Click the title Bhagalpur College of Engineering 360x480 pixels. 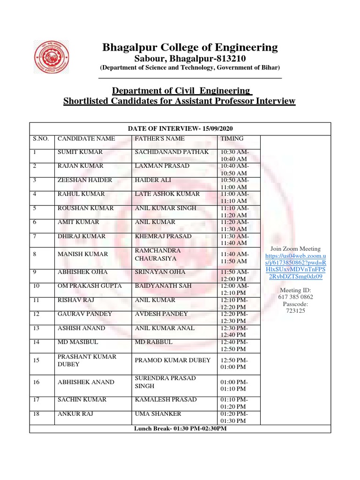click(x=190, y=47)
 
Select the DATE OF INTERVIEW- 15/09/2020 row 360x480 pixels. click(x=180, y=128)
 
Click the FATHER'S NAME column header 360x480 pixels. click(x=159, y=139)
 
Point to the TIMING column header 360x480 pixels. click(x=232, y=139)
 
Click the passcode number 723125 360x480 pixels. click(x=295, y=311)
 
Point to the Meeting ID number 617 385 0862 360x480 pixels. click(x=295, y=297)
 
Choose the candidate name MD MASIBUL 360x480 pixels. click(x=78, y=342)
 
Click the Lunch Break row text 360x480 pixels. click(x=180, y=429)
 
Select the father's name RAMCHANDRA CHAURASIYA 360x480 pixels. click(x=157, y=254)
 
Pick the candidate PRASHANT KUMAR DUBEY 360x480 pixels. click(x=87, y=360)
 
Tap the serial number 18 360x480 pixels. click(x=37, y=414)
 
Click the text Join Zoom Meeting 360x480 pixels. click(x=295, y=249)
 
